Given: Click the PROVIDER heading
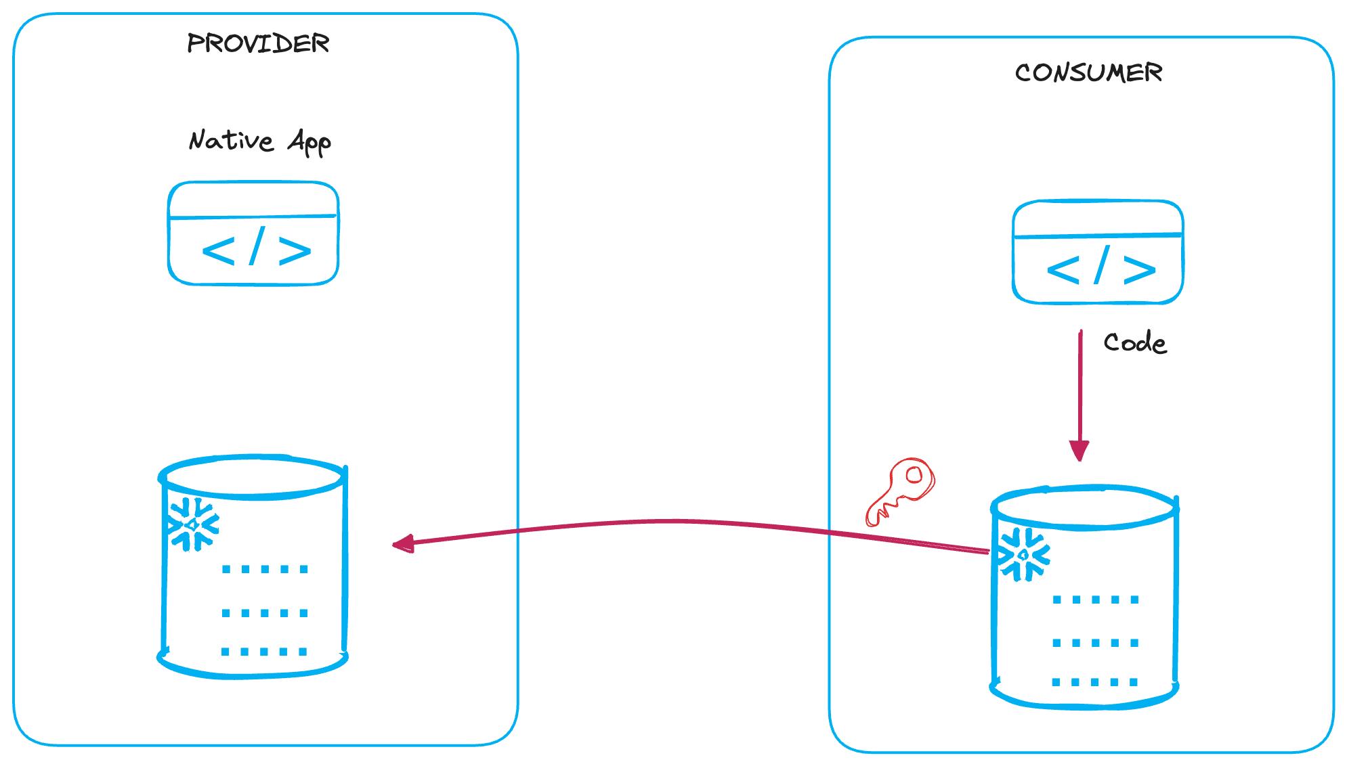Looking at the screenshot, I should coord(258,44).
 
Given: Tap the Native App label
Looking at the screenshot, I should coord(259,141).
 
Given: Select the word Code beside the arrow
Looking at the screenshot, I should coord(1135,343).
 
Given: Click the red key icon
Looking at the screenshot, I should coord(901,491).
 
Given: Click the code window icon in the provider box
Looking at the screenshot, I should coord(253,233).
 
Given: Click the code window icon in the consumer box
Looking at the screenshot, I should coord(1097,252).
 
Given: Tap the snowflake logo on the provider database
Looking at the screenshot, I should coord(193,524).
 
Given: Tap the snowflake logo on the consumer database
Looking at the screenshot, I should coord(1024,555).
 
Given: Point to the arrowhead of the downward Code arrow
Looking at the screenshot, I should coord(1079,451).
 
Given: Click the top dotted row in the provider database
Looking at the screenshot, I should coord(265,569).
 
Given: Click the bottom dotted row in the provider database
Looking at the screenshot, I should coord(265,652).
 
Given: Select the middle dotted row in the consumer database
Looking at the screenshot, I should coord(1095,643).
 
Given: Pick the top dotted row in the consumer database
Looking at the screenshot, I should coord(1095,600).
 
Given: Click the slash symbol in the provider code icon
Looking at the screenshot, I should coord(256,248).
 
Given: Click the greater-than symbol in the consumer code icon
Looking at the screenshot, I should coord(1139,269).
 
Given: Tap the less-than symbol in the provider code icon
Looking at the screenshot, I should coord(218,252).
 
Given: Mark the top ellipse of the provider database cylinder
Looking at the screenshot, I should coord(253,476).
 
